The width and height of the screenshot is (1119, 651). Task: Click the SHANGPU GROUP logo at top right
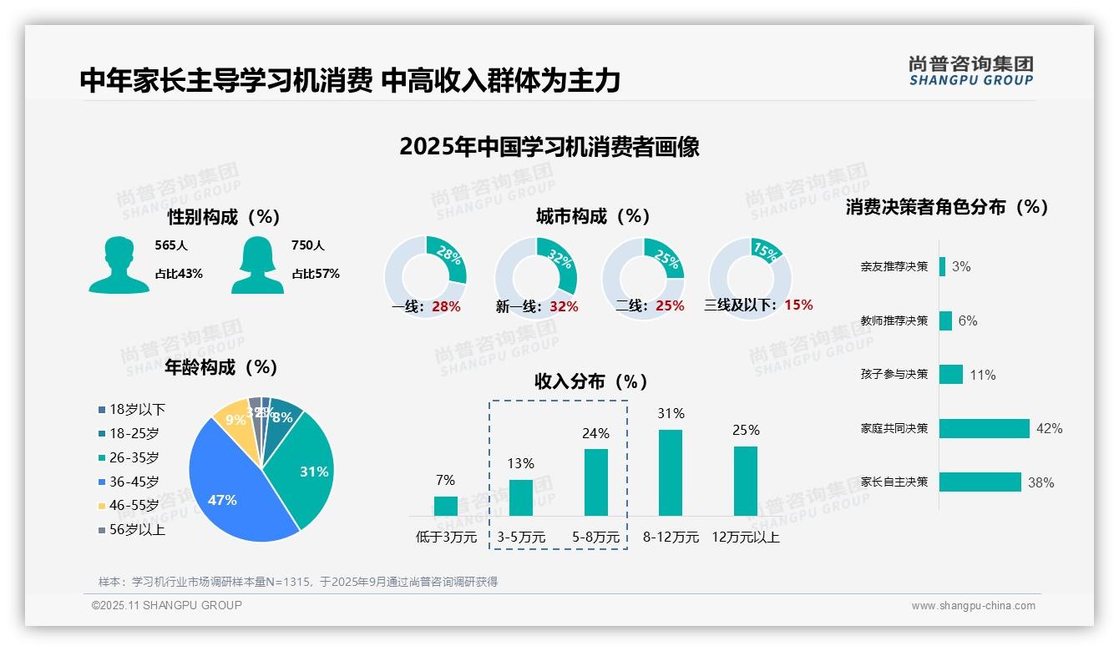pyautogui.click(x=970, y=71)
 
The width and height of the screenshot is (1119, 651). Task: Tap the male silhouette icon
pyautogui.click(x=119, y=265)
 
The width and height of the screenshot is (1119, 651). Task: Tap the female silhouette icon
pyautogui.click(x=258, y=265)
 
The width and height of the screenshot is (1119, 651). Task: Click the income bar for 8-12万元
pyautogui.click(x=671, y=472)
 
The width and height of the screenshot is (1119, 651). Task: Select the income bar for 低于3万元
pyautogui.click(x=446, y=506)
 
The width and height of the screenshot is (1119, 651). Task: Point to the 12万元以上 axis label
pyautogui.click(x=746, y=537)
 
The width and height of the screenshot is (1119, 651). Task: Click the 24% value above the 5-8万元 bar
pyautogui.click(x=596, y=434)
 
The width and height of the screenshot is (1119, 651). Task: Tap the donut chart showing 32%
pyautogui.click(x=535, y=277)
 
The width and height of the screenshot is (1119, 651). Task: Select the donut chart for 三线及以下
pyautogui.click(x=749, y=277)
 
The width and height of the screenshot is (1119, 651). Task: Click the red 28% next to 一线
pyautogui.click(x=446, y=306)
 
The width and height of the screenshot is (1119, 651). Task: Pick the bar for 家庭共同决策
pyautogui.click(x=985, y=428)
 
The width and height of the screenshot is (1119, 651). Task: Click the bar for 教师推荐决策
pyautogui.click(x=945, y=320)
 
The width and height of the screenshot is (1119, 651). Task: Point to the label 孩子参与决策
pyautogui.click(x=894, y=375)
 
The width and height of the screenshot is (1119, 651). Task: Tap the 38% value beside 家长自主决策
pyautogui.click(x=1041, y=482)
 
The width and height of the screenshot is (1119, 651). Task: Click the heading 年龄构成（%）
pyautogui.click(x=221, y=367)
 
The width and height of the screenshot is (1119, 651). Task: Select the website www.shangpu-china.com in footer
pyautogui.click(x=973, y=606)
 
